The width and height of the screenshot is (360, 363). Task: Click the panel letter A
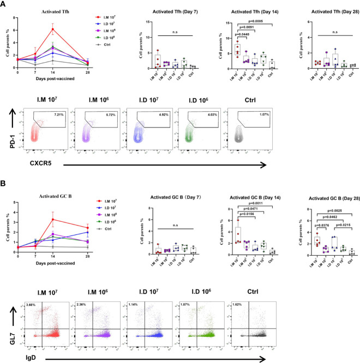4,4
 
